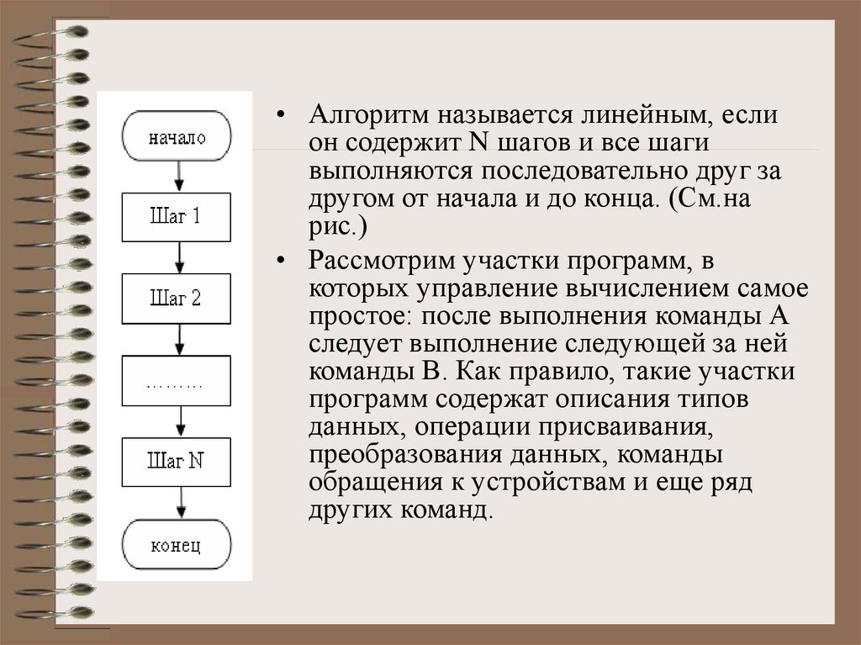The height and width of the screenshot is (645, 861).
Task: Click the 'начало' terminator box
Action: pyautogui.click(x=177, y=137)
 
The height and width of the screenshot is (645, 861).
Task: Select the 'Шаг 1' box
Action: pyautogui.click(x=177, y=216)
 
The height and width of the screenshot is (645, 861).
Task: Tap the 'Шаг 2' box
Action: pyautogui.click(x=177, y=298)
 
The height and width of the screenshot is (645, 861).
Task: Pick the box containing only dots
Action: pyautogui.click(x=177, y=380)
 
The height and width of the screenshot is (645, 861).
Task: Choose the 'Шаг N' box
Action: pyautogui.click(x=177, y=461)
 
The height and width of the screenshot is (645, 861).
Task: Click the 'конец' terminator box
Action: pyautogui.click(x=177, y=545)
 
